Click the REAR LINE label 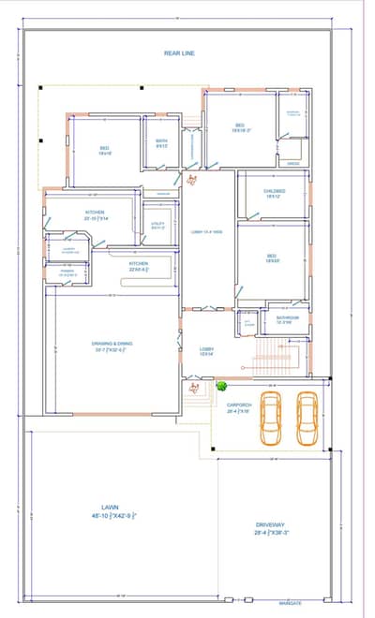pyautogui.click(x=179, y=53)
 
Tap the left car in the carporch pyautogui.click(x=271, y=418)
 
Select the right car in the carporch pyautogui.click(x=307, y=418)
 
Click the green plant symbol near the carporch pyautogui.click(x=222, y=385)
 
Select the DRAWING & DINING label pyautogui.click(x=112, y=344)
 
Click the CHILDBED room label pyautogui.click(x=274, y=190)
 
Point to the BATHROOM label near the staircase pyautogui.click(x=287, y=317)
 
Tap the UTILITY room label pyautogui.click(x=157, y=224)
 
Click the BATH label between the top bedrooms pyautogui.click(x=161, y=141)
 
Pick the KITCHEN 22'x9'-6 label pyautogui.click(x=139, y=264)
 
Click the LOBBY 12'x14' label pyautogui.click(x=207, y=349)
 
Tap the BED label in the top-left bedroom pyautogui.click(x=105, y=148)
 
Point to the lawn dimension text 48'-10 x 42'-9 pyautogui.click(x=114, y=516)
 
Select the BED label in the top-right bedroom pyautogui.click(x=239, y=125)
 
